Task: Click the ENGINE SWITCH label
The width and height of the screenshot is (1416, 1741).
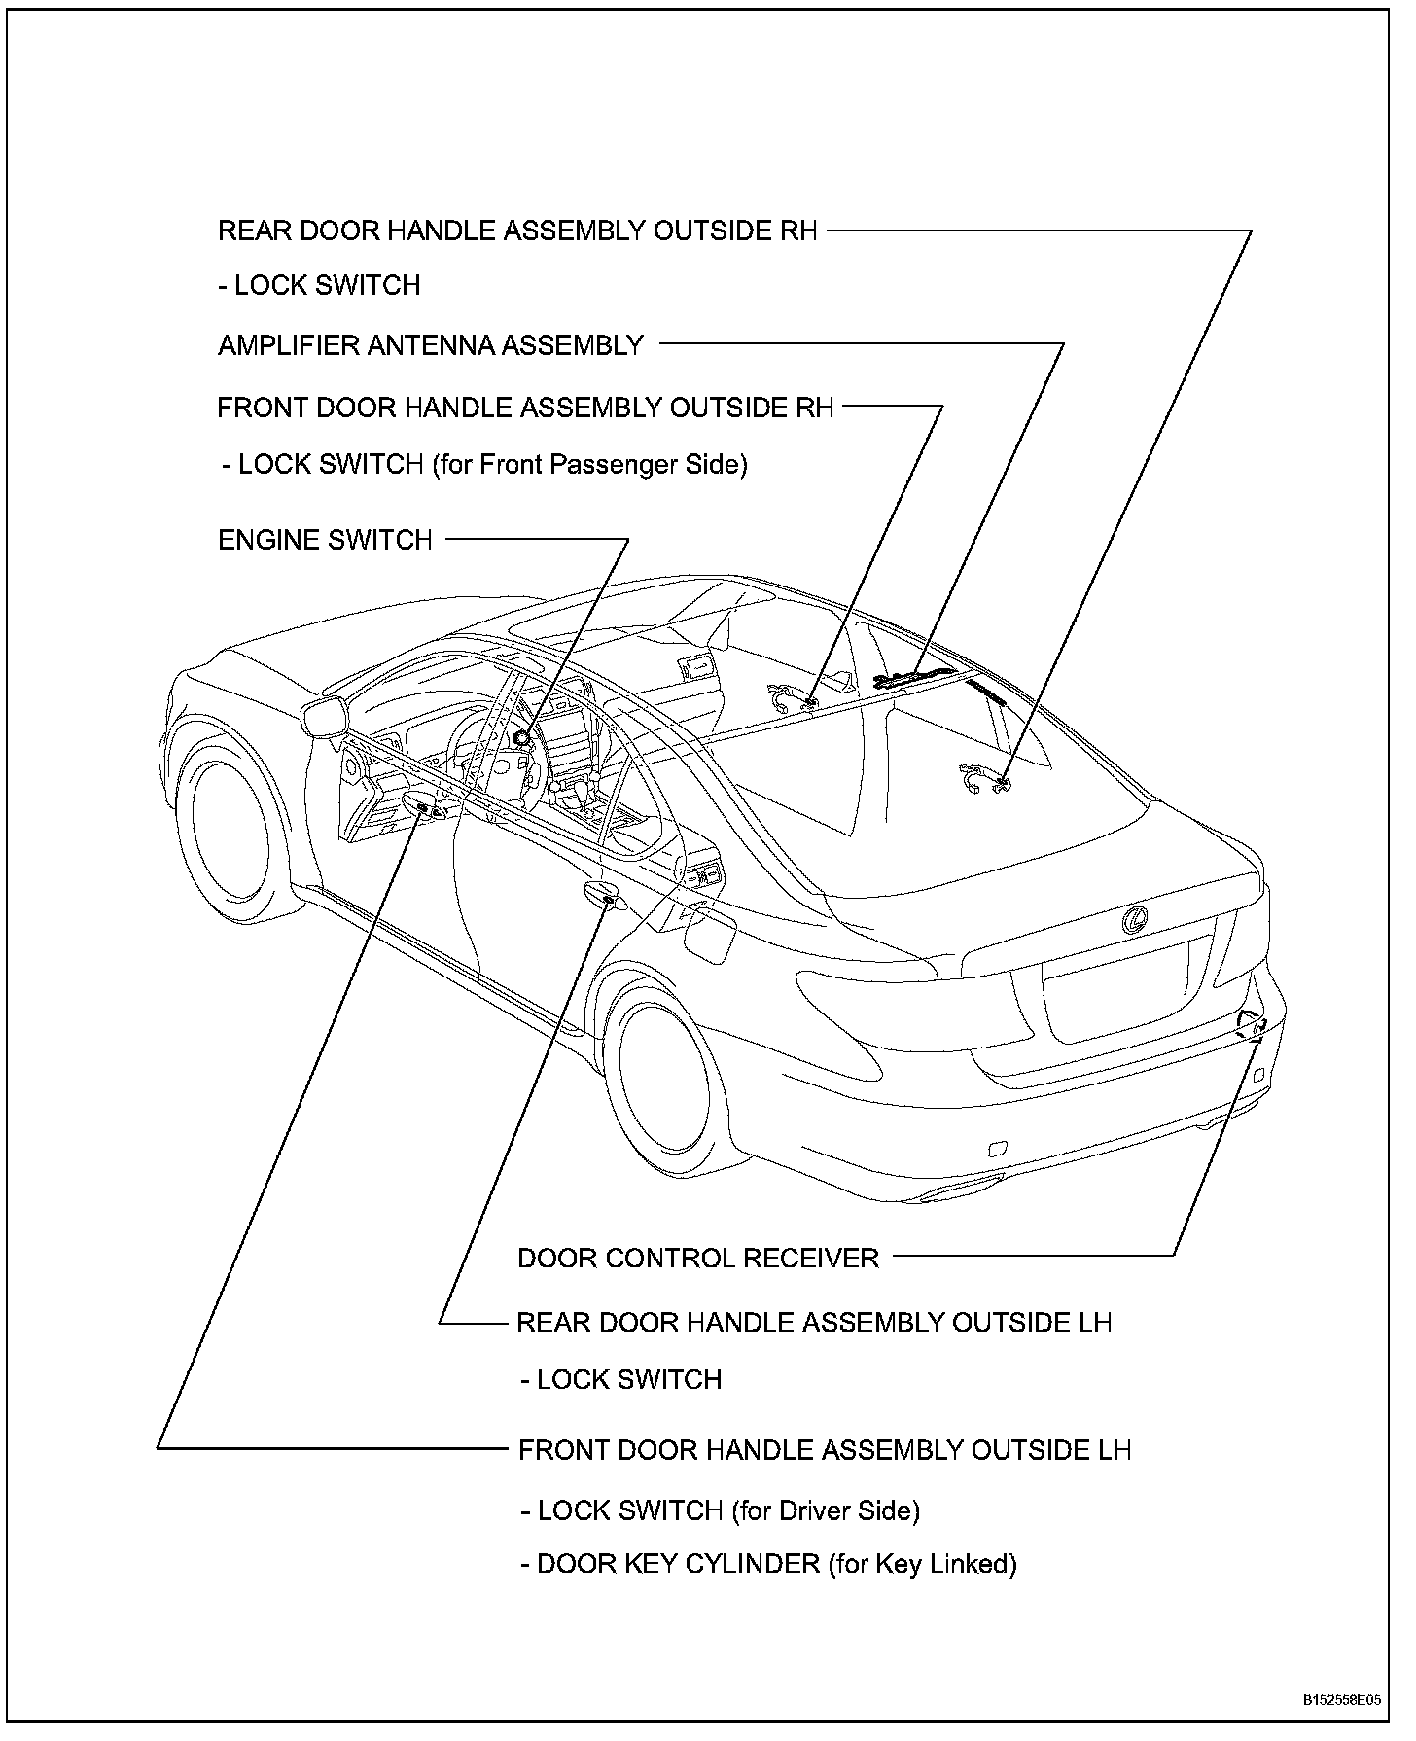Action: point(325,540)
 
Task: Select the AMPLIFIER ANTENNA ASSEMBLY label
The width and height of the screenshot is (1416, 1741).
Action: point(431,345)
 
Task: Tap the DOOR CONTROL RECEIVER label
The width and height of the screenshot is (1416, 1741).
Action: point(697,1259)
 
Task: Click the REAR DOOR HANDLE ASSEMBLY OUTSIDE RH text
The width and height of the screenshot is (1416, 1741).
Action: point(517,231)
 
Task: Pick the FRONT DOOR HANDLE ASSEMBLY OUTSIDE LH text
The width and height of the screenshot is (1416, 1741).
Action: point(825,1451)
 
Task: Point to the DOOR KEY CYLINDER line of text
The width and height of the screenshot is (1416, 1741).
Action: point(768,1564)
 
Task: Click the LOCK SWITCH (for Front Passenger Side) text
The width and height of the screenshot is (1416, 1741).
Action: point(484,465)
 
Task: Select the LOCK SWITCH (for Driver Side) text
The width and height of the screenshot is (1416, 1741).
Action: point(721,1510)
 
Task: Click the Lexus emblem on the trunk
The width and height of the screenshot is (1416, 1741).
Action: point(1134,919)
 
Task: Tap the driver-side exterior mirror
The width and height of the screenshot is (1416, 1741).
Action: point(326,718)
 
